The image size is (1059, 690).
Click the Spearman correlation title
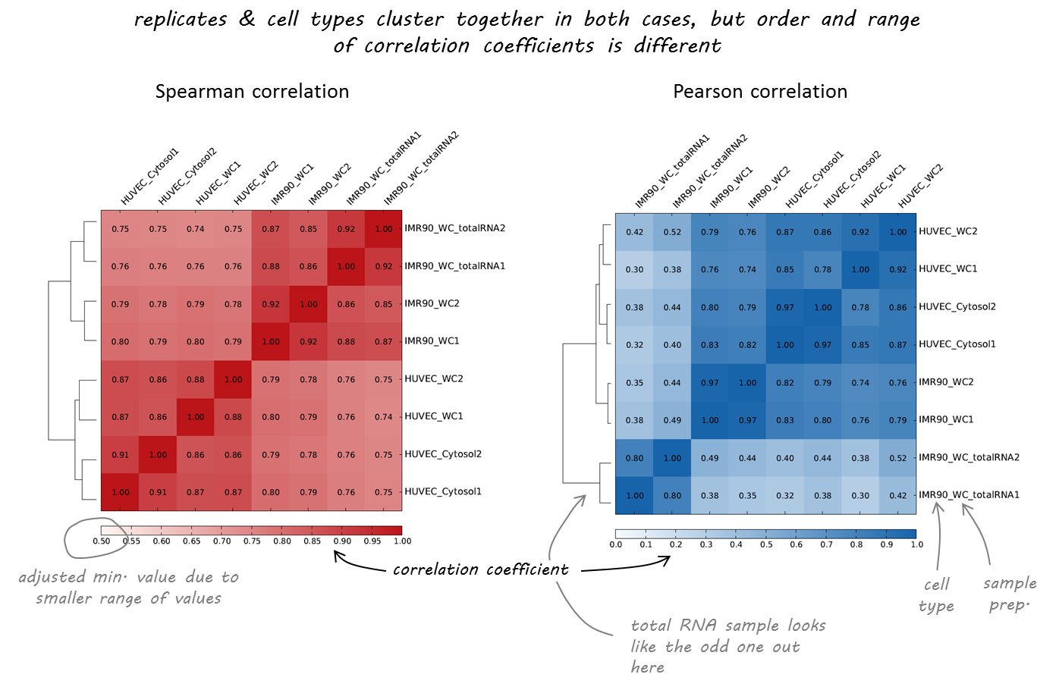click(x=252, y=92)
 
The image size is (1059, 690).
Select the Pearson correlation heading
click(x=760, y=92)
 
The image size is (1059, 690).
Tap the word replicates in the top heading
click(x=181, y=20)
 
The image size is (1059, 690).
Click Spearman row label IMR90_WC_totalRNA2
click(x=454, y=228)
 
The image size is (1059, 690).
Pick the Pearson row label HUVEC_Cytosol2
click(x=957, y=307)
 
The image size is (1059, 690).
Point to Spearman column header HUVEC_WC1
click(x=218, y=184)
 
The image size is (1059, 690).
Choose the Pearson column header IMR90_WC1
click(x=731, y=188)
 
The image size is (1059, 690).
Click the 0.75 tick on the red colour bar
click(x=252, y=541)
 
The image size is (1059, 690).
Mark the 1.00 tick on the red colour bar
click(x=402, y=541)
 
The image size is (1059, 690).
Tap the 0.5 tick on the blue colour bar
click(x=766, y=544)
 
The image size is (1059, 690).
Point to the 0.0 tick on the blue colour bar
click(x=616, y=544)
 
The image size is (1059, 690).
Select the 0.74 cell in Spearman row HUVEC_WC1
click(x=383, y=417)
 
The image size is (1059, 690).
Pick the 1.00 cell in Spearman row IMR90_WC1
click(x=271, y=342)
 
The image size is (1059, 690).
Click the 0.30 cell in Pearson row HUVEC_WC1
click(x=634, y=269)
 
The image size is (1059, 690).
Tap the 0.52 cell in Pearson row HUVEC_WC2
click(x=672, y=232)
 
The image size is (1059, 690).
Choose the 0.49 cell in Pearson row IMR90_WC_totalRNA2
click(x=709, y=458)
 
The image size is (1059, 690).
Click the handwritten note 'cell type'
click(x=936, y=595)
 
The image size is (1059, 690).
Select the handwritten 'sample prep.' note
click(x=1009, y=594)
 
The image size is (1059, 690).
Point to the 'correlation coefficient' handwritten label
click(x=480, y=569)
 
